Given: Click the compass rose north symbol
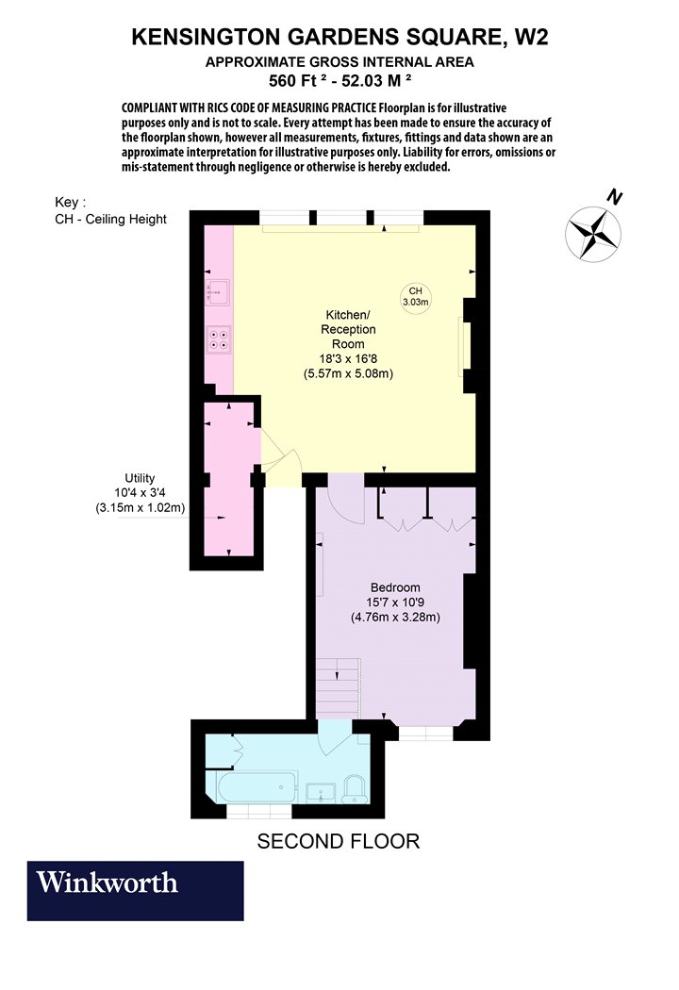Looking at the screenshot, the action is [594, 234].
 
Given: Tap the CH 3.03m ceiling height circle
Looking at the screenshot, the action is [416, 296].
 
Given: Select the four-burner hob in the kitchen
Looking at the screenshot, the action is [219, 339].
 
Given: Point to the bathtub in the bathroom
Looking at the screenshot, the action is [257, 786].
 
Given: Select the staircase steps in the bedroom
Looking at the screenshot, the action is [338, 687].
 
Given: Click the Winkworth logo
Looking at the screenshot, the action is [135, 890].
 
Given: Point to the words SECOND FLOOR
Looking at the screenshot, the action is [339, 841].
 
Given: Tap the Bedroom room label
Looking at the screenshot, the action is [395, 587].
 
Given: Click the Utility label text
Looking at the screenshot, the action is [140, 478].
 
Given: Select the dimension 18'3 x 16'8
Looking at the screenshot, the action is [348, 358].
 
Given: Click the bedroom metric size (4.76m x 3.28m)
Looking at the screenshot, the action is [395, 617].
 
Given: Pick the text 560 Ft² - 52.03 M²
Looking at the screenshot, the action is [340, 80].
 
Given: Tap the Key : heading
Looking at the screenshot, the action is [70, 202].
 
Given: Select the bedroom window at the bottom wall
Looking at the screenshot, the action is [425, 733].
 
